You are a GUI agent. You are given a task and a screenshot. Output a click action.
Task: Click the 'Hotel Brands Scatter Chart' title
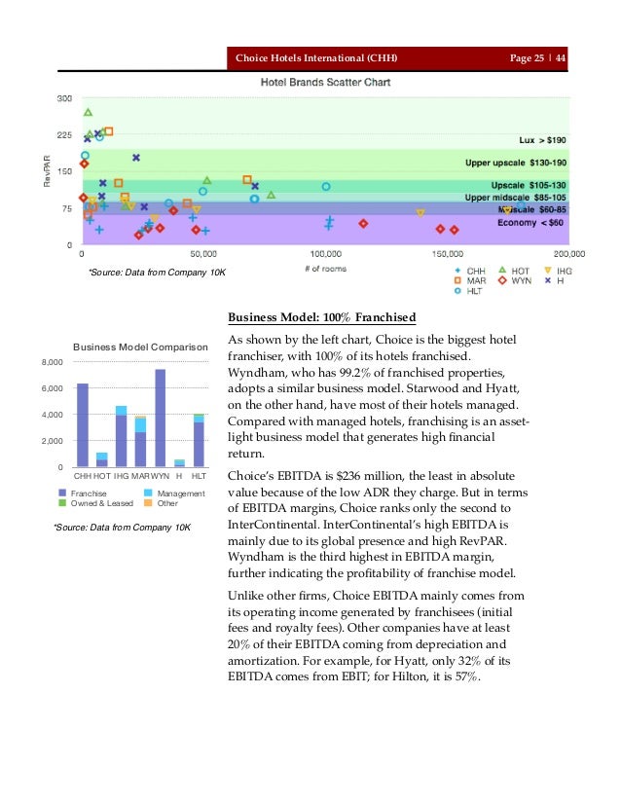pyautogui.click(x=325, y=83)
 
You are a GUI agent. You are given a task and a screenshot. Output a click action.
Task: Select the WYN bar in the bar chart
pyautogui.click(x=160, y=419)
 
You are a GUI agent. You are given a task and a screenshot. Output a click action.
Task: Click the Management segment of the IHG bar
pyautogui.click(x=121, y=411)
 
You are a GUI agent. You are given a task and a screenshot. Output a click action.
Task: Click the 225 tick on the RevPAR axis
pyautogui.click(x=63, y=135)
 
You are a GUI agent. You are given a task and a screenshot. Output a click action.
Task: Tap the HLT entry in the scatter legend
pyautogui.click(x=470, y=290)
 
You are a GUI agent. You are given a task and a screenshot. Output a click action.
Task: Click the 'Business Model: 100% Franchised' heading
pyautogui.click(x=321, y=317)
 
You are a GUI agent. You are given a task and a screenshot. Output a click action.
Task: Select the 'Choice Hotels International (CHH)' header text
pyautogui.click(x=317, y=59)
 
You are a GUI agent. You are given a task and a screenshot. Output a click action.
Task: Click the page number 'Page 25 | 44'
pyautogui.click(x=537, y=59)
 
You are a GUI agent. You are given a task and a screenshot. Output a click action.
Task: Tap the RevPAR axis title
pyautogui.click(x=45, y=172)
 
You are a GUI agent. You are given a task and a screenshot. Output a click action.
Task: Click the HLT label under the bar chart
pyautogui.click(x=198, y=476)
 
